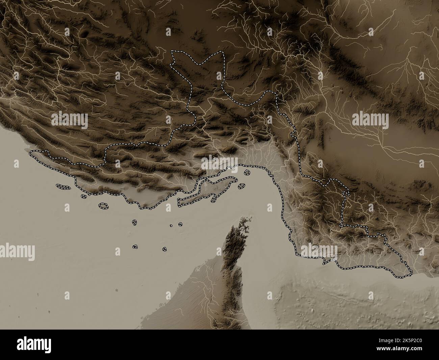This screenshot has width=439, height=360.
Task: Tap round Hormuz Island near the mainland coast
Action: tap(247, 172)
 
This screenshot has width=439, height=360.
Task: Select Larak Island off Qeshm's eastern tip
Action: tap(241, 186)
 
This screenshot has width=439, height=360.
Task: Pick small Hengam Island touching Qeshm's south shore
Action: tap(213, 200)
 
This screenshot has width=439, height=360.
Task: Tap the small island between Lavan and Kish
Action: tap(83, 196)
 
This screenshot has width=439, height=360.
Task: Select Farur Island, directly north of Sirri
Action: tap(134, 222)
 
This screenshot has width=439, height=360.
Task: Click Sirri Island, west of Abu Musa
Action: tap(135, 247)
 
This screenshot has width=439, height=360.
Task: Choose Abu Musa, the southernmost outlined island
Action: tap(164, 249)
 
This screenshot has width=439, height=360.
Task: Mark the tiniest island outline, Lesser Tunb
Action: tap(171, 225)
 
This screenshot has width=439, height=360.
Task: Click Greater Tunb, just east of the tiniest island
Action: tap(180, 224)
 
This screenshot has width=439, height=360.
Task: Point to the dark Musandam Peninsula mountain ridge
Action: tap(233, 257)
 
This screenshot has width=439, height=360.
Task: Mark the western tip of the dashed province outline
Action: tap(30, 153)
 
